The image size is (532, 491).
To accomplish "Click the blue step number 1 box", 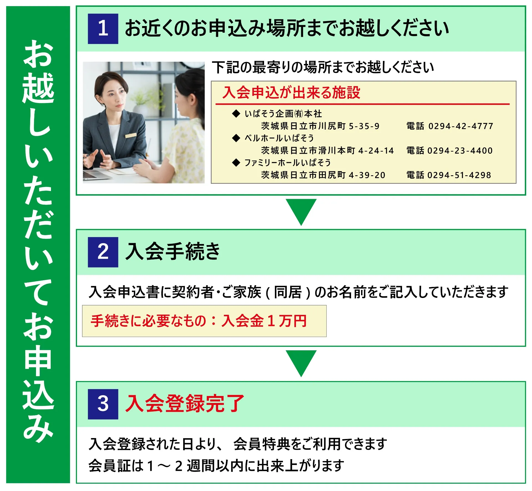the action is [103, 29].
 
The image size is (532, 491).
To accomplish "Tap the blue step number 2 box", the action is [103, 252].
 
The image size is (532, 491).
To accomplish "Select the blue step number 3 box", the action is [103, 404].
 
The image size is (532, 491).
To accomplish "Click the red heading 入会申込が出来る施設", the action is [291, 92].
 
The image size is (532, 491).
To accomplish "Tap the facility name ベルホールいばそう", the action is [279, 138].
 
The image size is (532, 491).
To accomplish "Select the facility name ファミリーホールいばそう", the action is [288, 163].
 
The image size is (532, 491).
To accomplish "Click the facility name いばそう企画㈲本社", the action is [283, 114].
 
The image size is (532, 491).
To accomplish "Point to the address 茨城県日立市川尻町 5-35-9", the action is [320, 126].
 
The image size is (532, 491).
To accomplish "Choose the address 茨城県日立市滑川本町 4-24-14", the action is [328, 151].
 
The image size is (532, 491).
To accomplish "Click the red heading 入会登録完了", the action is [185, 403].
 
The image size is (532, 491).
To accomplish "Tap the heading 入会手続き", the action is [172, 251].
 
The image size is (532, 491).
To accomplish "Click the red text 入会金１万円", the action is [264, 321].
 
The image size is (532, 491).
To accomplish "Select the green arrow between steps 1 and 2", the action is [301, 210].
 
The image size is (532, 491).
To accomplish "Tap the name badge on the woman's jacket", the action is [131, 135].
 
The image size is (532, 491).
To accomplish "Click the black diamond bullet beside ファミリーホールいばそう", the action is [236, 163].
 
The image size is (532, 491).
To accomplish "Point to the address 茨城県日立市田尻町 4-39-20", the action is [323, 175].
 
